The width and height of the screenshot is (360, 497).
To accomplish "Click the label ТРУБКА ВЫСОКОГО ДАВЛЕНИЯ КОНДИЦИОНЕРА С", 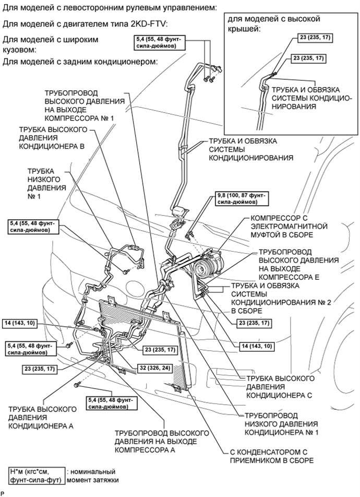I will coord(279,387).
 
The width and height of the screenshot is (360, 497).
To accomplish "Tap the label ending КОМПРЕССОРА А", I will coord(162,441).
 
